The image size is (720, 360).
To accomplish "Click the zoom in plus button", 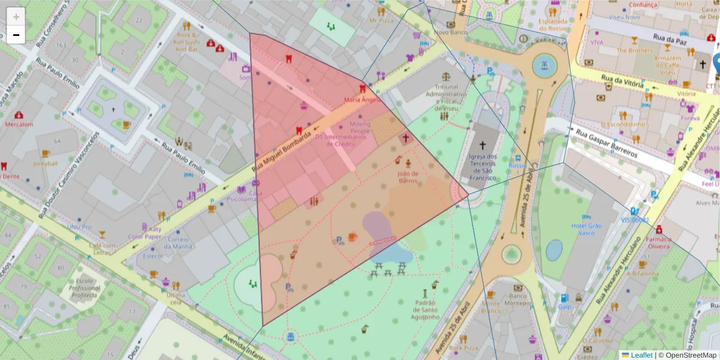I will pyautogui.click(x=16, y=17).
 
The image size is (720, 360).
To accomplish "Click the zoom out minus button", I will pyautogui.click(x=16, y=35).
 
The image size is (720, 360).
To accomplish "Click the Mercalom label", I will pyautogui.click(x=19, y=125).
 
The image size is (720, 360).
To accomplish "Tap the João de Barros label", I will pyautogui.click(x=407, y=177).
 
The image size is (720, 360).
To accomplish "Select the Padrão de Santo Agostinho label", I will pyautogui.click(x=425, y=310).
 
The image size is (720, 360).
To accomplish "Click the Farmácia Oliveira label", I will pyautogui.click(x=659, y=242).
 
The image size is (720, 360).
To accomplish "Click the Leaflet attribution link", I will pyautogui.click(x=641, y=355).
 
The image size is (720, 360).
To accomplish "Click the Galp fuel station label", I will pyautogui.click(x=565, y=307).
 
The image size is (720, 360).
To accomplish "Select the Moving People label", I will pyautogui.click(x=360, y=127).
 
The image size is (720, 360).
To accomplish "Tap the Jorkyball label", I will pyautogui.click(x=45, y=163).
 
